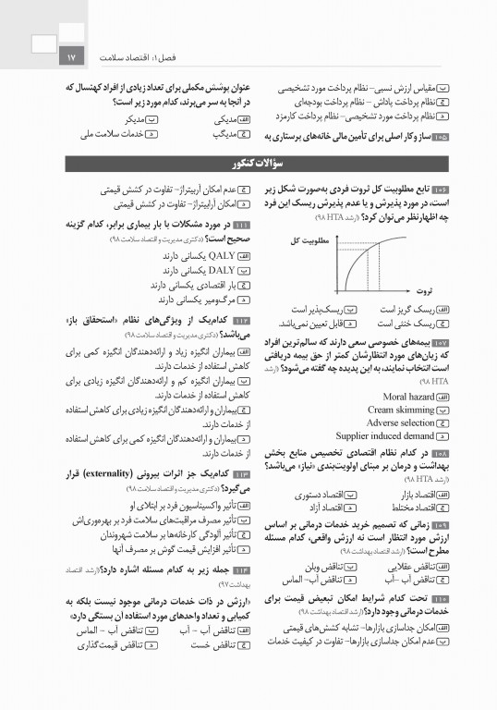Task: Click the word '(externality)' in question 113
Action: pyautogui.click(x=158, y=475)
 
